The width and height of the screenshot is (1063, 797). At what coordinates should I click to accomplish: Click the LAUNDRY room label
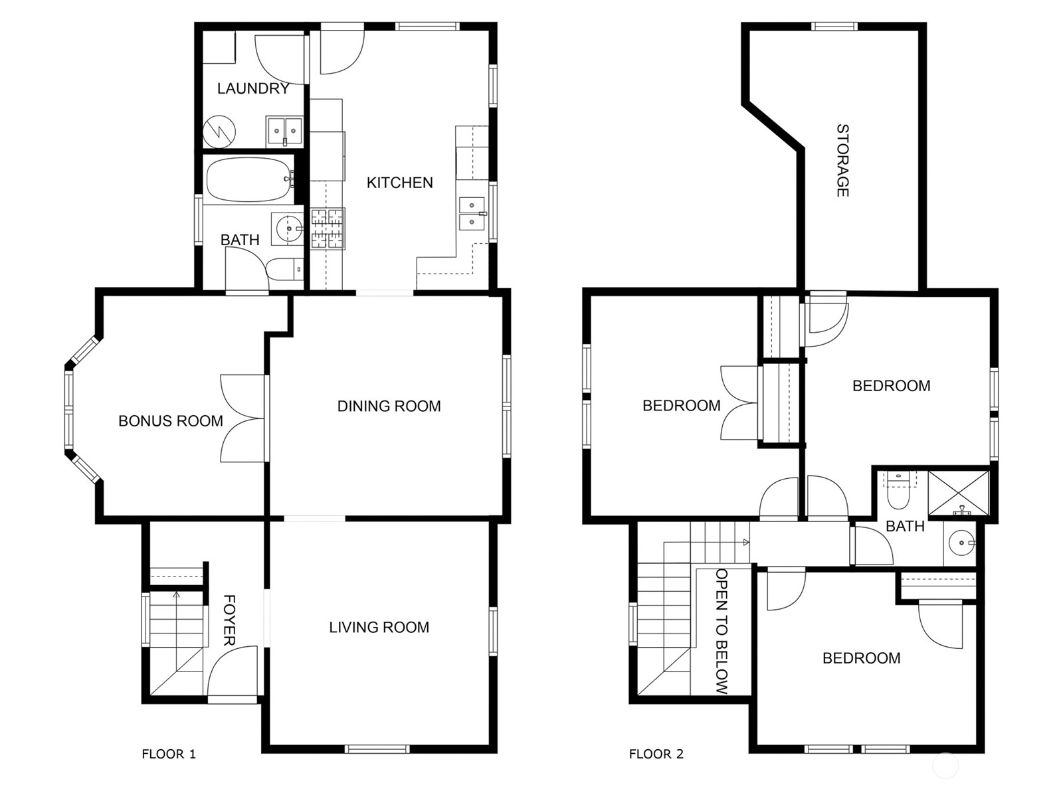click(253, 88)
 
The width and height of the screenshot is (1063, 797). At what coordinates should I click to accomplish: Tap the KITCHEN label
click(399, 183)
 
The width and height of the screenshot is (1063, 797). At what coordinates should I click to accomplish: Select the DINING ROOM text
click(389, 406)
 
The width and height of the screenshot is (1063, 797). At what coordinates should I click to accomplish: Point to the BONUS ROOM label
click(171, 421)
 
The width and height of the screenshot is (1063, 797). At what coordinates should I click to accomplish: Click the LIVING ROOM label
click(379, 627)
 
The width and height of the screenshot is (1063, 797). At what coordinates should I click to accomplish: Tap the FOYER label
click(229, 620)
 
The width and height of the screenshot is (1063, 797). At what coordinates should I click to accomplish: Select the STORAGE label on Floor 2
click(842, 161)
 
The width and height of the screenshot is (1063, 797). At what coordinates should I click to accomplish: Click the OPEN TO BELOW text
click(722, 632)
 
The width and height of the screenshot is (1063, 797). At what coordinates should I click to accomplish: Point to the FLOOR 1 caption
click(169, 754)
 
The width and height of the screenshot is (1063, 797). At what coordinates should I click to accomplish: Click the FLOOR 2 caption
click(656, 754)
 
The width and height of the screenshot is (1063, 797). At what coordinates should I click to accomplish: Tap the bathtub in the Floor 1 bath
click(249, 179)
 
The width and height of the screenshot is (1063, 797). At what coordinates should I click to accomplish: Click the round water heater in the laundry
click(219, 132)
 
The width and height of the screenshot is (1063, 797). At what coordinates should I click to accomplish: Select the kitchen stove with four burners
click(328, 229)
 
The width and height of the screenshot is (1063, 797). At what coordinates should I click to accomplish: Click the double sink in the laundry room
click(284, 131)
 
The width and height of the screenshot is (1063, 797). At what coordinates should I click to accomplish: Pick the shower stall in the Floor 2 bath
click(959, 493)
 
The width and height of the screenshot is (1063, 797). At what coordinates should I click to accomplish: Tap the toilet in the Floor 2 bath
click(898, 491)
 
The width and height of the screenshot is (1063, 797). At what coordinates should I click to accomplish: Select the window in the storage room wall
click(834, 26)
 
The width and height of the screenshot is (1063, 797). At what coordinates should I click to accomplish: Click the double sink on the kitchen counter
click(472, 213)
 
